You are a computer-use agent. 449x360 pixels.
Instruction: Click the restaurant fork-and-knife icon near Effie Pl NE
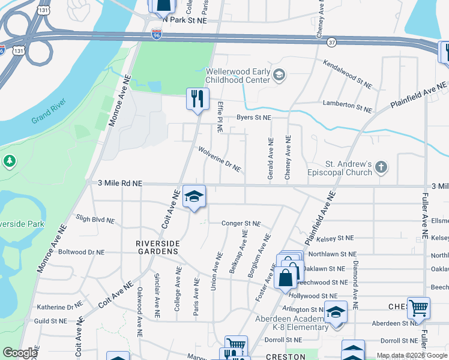[197, 98]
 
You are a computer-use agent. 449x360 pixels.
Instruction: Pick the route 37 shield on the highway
[331, 43]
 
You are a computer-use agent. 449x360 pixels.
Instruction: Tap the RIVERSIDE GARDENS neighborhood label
[157, 247]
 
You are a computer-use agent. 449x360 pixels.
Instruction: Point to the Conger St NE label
[241, 223]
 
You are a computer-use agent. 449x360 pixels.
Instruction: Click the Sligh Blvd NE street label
[95, 218]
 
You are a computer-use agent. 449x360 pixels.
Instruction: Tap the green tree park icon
[9, 161]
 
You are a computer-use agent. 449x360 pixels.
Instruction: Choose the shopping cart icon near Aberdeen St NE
[418, 307]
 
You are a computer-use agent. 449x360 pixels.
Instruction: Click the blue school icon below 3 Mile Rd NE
[194, 196]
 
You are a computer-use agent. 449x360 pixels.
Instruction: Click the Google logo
[20, 353]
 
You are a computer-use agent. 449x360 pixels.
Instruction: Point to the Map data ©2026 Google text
[411, 355]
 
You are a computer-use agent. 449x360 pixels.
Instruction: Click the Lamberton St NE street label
[347, 106]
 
